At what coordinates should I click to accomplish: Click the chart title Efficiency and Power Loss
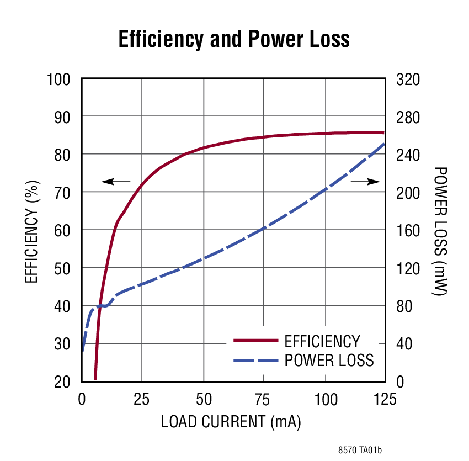coord(234,40)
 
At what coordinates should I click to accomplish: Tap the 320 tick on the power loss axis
coord(408,80)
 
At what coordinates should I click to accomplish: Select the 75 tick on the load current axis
coord(264,399)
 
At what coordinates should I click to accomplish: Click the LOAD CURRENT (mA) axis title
coord(231,422)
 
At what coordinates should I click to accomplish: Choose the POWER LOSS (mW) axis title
coord(439,231)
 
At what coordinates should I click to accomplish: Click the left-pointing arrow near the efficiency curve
coord(115,181)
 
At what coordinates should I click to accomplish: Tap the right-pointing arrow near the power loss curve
coord(366,181)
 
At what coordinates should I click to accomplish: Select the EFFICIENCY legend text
coord(322,341)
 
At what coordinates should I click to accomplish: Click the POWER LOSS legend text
coord(329,361)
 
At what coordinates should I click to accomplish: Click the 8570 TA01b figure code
coord(360,450)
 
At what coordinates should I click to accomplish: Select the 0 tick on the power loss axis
coord(401,381)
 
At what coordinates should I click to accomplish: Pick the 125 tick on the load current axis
coord(385,399)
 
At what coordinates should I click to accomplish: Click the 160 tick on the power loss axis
coord(408,230)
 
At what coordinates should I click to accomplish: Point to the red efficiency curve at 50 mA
coord(204,147)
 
